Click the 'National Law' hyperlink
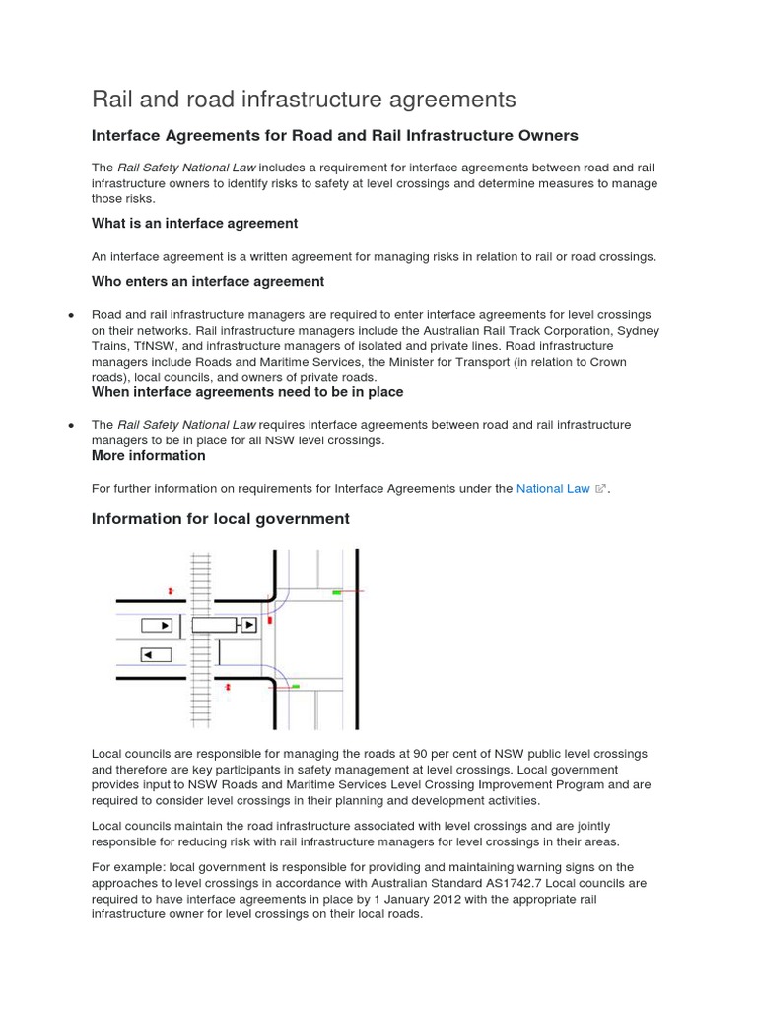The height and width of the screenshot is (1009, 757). click(553, 488)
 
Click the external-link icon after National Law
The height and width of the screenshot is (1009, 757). click(600, 488)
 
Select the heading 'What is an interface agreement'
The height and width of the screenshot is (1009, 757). click(194, 224)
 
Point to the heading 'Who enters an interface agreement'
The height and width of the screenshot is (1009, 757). click(208, 282)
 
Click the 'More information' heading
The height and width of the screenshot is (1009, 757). click(149, 456)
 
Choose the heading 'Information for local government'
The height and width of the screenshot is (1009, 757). click(220, 519)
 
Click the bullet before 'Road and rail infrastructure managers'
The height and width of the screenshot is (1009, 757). click(71, 314)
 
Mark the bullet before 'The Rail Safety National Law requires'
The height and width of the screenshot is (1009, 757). click(71, 425)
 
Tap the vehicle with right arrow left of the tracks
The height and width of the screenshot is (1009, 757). click(157, 625)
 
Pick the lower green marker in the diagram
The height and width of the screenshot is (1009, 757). click(295, 685)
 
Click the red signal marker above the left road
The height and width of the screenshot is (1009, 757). click(171, 591)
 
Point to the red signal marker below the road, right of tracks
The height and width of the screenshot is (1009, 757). click(229, 687)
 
